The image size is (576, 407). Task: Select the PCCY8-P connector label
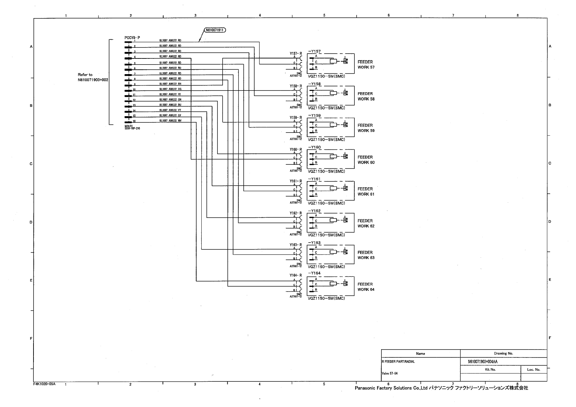pyautogui.click(x=132, y=38)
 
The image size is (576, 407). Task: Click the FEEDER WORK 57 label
pyautogui.click(x=366, y=65)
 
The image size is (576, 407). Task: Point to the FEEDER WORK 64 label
pyautogui.click(x=366, y=287)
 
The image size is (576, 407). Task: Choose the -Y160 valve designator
pyautogui.click(x=314, y=147)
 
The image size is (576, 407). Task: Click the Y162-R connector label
pyautogui.click(x=296, y=213)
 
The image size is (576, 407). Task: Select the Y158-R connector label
pyautogui.click(x=296, y=86)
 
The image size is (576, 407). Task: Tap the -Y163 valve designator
pyautogui.click(x=314, y=243)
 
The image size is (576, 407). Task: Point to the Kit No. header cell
pyautogui.click(x=490, y=369)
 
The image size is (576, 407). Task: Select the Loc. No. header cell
pyautogui.click(x=533, y=369)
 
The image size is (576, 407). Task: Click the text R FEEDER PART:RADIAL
pyautogui.click(x=398, y=362)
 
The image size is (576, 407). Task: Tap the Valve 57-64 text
pyautogui.click(x=389, y=374)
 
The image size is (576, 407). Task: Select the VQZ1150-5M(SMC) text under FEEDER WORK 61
pyautogui.click(x=326, y=203)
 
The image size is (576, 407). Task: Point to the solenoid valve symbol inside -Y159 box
pyautogui.click(x=345, y=125)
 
